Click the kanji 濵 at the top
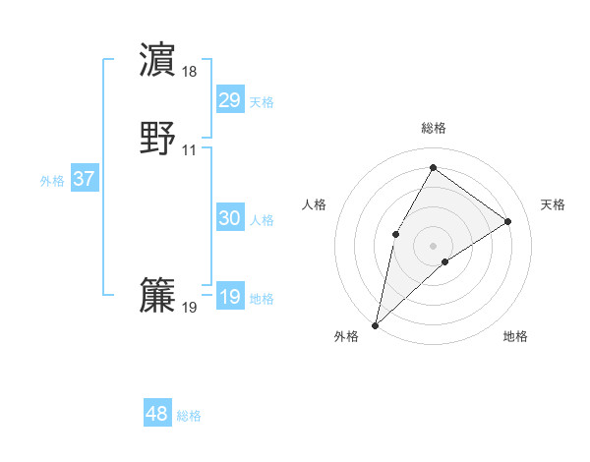[158, 60]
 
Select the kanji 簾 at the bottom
[158, 296]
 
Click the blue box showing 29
[230, 99]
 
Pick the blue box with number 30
[230, 218]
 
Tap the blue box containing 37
[85, 179]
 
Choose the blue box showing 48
[157, 414]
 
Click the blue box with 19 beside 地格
[230, 297]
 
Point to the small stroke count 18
[190, 72]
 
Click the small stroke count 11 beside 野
[190, 150]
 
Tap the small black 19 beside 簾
[190, 308]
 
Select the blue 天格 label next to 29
[262, 101]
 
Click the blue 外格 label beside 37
[52, 181]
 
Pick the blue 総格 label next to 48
[189, 416]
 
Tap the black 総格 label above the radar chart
[433, 128]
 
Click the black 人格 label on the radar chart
[315, 204]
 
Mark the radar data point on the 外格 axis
[376, 324]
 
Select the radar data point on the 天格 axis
[508, 222]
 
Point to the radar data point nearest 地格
[445, 261]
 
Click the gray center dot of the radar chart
[433, 245]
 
